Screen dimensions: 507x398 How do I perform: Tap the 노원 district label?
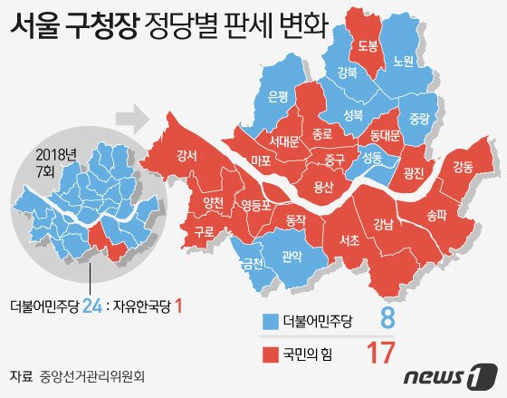point(404,62)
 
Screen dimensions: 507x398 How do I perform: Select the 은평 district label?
point(279,94)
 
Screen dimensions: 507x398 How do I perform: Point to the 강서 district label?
point(188,155)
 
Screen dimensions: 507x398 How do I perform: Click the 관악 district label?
point(292,257)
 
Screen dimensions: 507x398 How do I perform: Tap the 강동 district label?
point(462,166)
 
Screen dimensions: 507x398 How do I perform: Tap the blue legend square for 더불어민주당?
point(269,319)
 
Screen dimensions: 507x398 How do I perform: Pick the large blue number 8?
point(387,318)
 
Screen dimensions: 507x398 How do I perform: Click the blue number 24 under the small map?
point(91,306)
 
